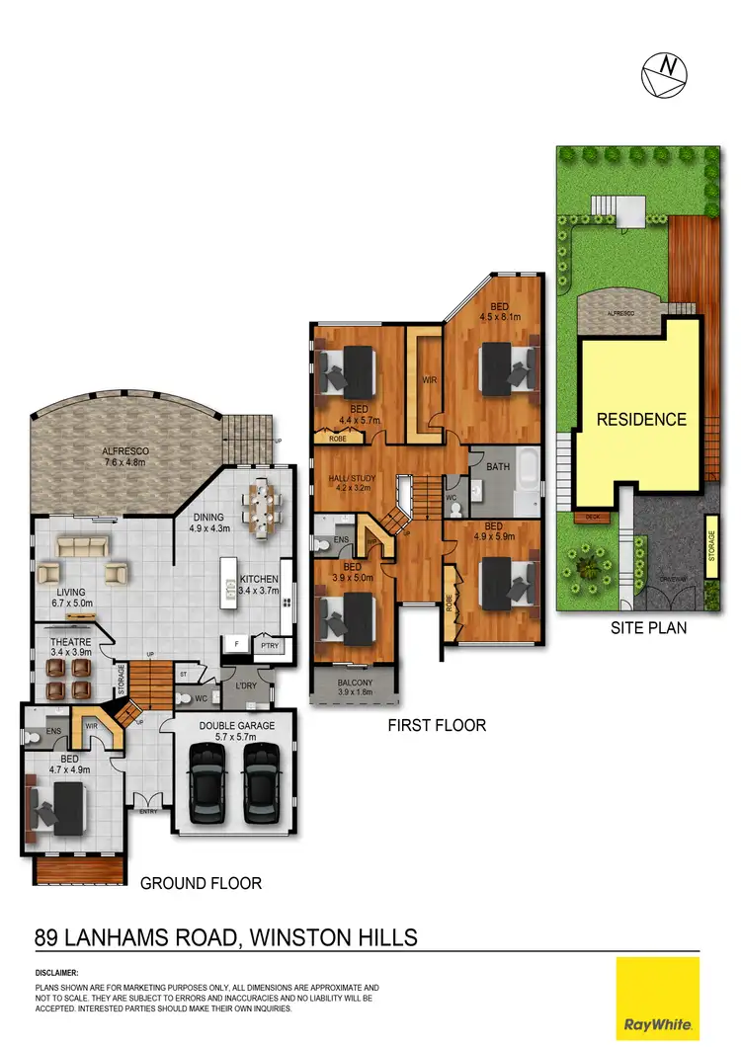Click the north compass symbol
pyautogui.click(x=664, y=74)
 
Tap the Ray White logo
pyautogui.click(x=658, y=999)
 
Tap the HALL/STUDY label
pyautogui.click(x=351, y=481)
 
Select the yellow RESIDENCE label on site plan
pyautogui.click(x=641, y=420)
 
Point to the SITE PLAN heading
pyautogui.click(x=649, y=627)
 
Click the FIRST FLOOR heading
pyautogui.click(x=437, y=726)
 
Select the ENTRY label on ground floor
pyautogui.click(x=148, y=811)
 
